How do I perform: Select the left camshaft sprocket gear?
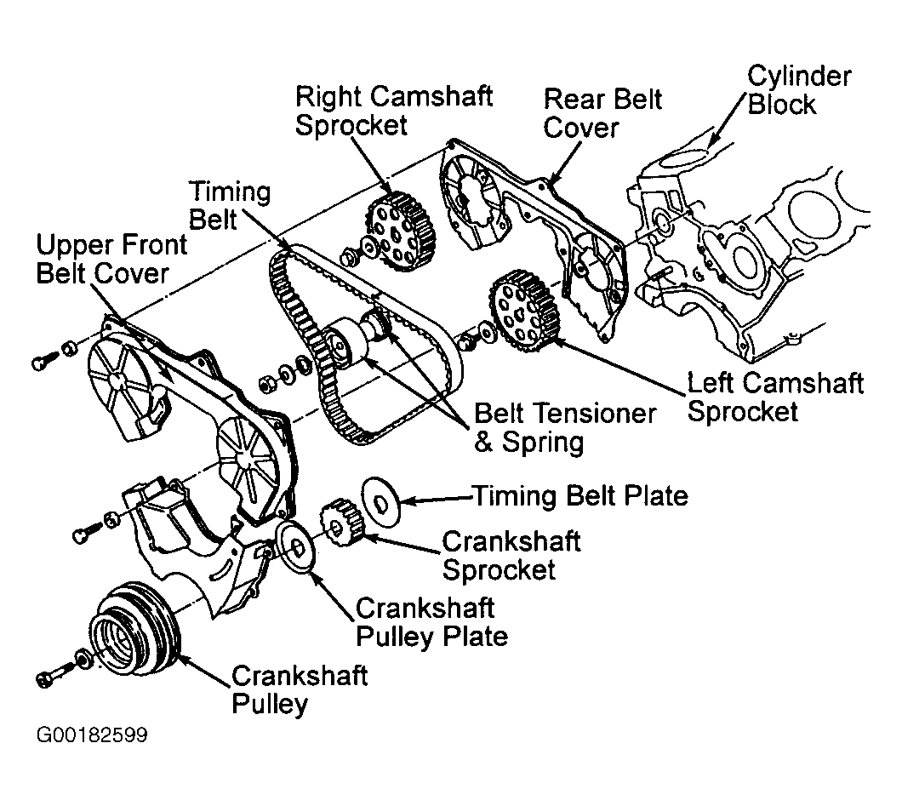524,311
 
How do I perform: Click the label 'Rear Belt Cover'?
602,112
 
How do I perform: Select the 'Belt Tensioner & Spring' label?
565,427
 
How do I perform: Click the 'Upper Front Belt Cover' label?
111,260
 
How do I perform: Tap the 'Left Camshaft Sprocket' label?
774,397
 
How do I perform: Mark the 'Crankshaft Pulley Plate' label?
431,622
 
